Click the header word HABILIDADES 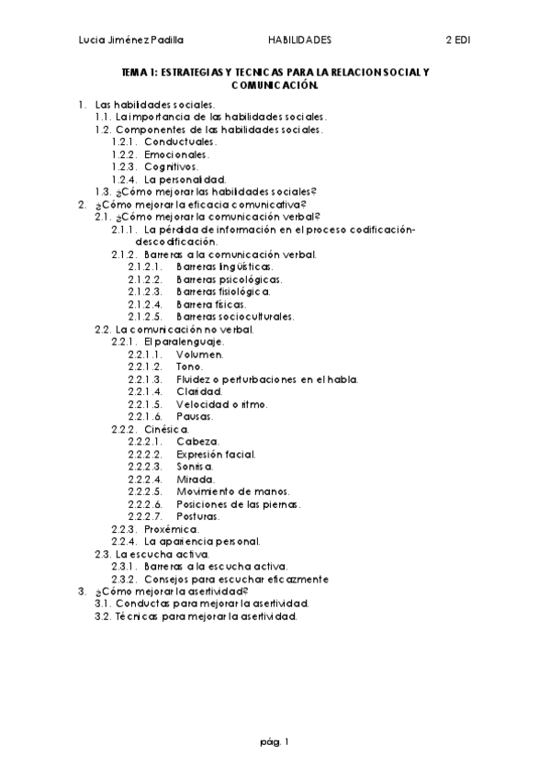coord(299,40)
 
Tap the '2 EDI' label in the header coord(457,40)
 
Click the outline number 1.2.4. coord(124,179)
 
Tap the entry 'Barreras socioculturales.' coord(236,316)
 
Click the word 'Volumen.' coord(200,354)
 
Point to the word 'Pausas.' coord(195,416)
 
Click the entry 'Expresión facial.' coord(217,454)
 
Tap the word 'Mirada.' coord(196,479)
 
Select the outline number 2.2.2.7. coord(145,516)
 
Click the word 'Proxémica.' coord(172,529)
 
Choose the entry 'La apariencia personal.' coord(196,541)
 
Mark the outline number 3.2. coord(103,616)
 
